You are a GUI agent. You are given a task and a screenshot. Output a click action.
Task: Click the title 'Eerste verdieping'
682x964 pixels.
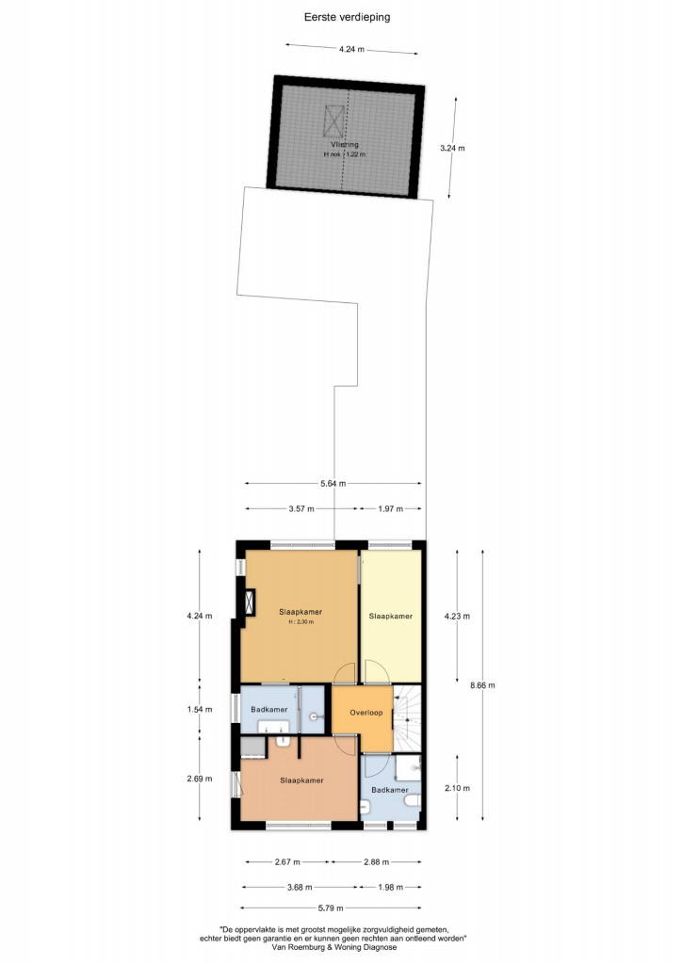point(347,17)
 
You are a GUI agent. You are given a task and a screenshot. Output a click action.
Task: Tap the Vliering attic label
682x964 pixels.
point(345,144)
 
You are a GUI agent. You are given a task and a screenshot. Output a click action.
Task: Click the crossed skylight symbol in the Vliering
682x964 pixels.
point(334,120)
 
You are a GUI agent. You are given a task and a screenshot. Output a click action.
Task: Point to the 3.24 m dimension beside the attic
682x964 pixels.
point(452,148)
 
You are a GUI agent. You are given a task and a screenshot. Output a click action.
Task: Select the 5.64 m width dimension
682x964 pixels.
point(333,483)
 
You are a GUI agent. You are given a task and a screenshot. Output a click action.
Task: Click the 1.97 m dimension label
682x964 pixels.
point(390,508)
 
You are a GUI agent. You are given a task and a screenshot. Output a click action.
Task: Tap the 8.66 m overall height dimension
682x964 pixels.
point(482,685)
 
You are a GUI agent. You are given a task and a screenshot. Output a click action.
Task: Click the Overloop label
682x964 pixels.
point(365,713)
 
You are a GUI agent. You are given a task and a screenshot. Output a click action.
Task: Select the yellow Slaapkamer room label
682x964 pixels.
point(391,616)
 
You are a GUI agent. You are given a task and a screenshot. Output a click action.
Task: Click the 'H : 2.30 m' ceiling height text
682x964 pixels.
point(301,622)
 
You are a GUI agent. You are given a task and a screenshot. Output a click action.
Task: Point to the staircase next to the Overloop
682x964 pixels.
point(408,718)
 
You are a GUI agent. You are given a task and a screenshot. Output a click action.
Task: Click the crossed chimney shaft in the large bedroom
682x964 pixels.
point(250,602)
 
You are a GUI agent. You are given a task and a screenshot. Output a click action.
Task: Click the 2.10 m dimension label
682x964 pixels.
point(457,788)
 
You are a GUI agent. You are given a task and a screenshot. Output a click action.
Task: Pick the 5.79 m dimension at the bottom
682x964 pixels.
point(331,908)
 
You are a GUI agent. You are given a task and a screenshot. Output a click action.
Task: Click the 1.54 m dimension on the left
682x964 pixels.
point(200,709)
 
